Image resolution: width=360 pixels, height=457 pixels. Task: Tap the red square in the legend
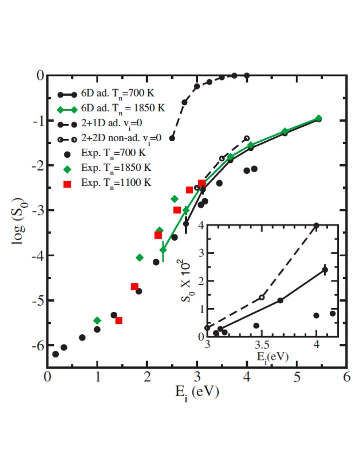coord(67,184)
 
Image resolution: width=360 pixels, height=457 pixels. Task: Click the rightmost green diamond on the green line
coord(318,118)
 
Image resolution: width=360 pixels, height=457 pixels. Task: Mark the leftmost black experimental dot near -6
coord(55,354)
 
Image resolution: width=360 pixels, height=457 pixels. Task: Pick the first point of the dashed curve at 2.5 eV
coord(172,138)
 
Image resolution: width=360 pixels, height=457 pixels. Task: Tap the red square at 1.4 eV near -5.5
coord(119,320)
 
